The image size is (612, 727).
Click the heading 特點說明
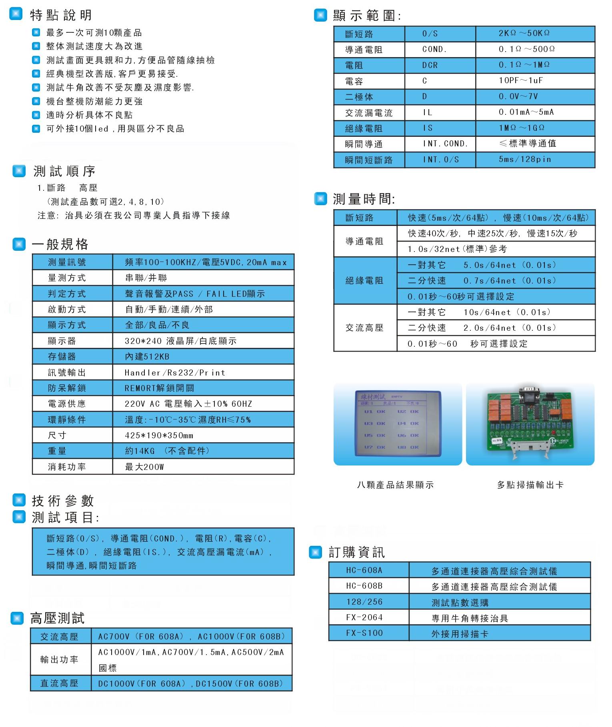[61, 15]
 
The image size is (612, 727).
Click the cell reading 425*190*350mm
[159, 435]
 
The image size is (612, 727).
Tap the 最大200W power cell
[144, 467]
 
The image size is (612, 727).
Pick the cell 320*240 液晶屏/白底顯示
[180, 341]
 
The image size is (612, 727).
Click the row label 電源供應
[67, 403]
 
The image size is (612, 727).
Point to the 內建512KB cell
[147, 356]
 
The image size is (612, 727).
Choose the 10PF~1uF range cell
[520, 80]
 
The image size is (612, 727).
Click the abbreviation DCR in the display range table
[430, 65]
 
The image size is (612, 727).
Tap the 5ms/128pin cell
[524, 159]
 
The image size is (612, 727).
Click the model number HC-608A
[364, 570]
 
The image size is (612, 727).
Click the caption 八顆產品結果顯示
[395, 485]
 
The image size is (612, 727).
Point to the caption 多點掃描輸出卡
[530, 485]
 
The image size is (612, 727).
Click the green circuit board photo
[530, 424]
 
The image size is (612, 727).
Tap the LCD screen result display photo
[398, 424]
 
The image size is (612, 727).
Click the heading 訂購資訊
[356, 552]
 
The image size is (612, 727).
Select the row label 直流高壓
[59, 683]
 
